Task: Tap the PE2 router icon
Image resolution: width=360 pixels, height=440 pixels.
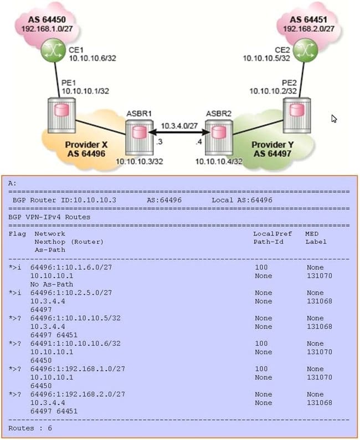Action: [x=294, y=112]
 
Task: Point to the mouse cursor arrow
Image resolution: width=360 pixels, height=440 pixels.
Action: [x=334, y=118]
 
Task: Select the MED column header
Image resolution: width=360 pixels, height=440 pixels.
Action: [x=312, y=234]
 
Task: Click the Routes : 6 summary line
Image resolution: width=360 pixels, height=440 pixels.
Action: [x=30, y=428]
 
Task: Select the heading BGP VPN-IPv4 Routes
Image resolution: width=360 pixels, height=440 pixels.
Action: [x=49, y=217]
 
